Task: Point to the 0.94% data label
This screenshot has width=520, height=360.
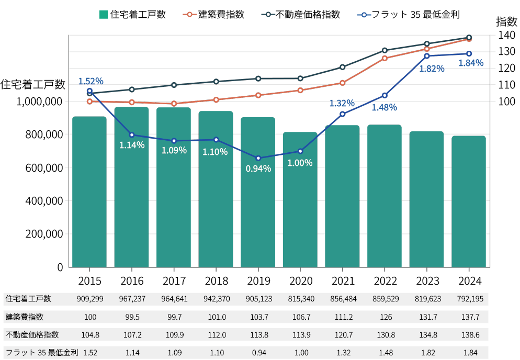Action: tap(258, 168)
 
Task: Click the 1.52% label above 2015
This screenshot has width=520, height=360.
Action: tap(91, 81)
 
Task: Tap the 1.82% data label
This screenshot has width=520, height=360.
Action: tap(432, 69)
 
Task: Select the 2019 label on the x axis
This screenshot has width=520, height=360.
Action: tap(258, 281)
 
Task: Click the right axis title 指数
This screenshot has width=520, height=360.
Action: tap(506, 21)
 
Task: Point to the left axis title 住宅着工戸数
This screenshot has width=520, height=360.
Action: tap(32, 84)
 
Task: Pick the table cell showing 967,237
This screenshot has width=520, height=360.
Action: tap(132, 299)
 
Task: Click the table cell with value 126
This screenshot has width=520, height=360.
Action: tap(385, 317)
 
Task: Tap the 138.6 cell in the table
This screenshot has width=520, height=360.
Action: tap(469, 334)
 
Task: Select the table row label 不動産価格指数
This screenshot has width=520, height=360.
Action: tap(32, 334)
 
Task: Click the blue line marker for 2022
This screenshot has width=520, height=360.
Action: tap(385, 95)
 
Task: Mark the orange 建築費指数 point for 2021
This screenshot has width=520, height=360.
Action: tap(343, 83)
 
